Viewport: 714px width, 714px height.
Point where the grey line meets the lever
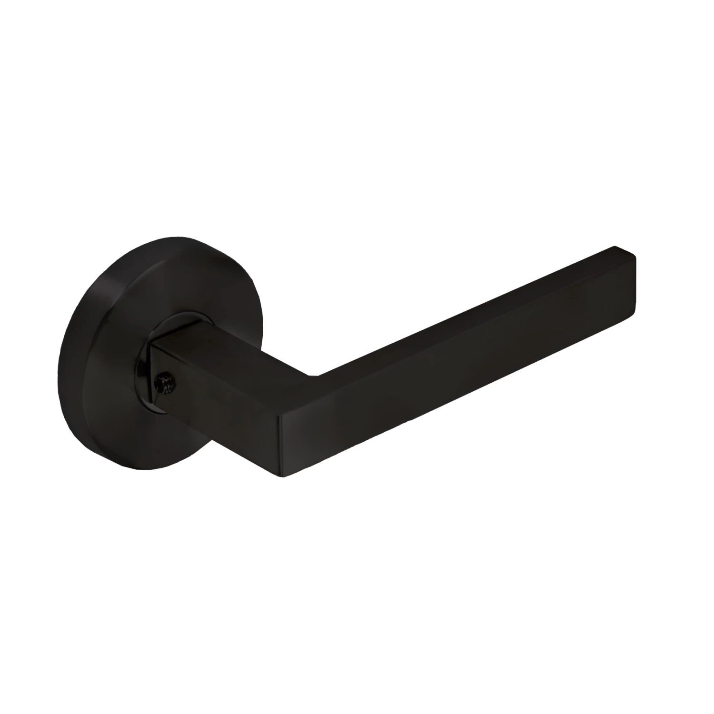pos(478,394)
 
